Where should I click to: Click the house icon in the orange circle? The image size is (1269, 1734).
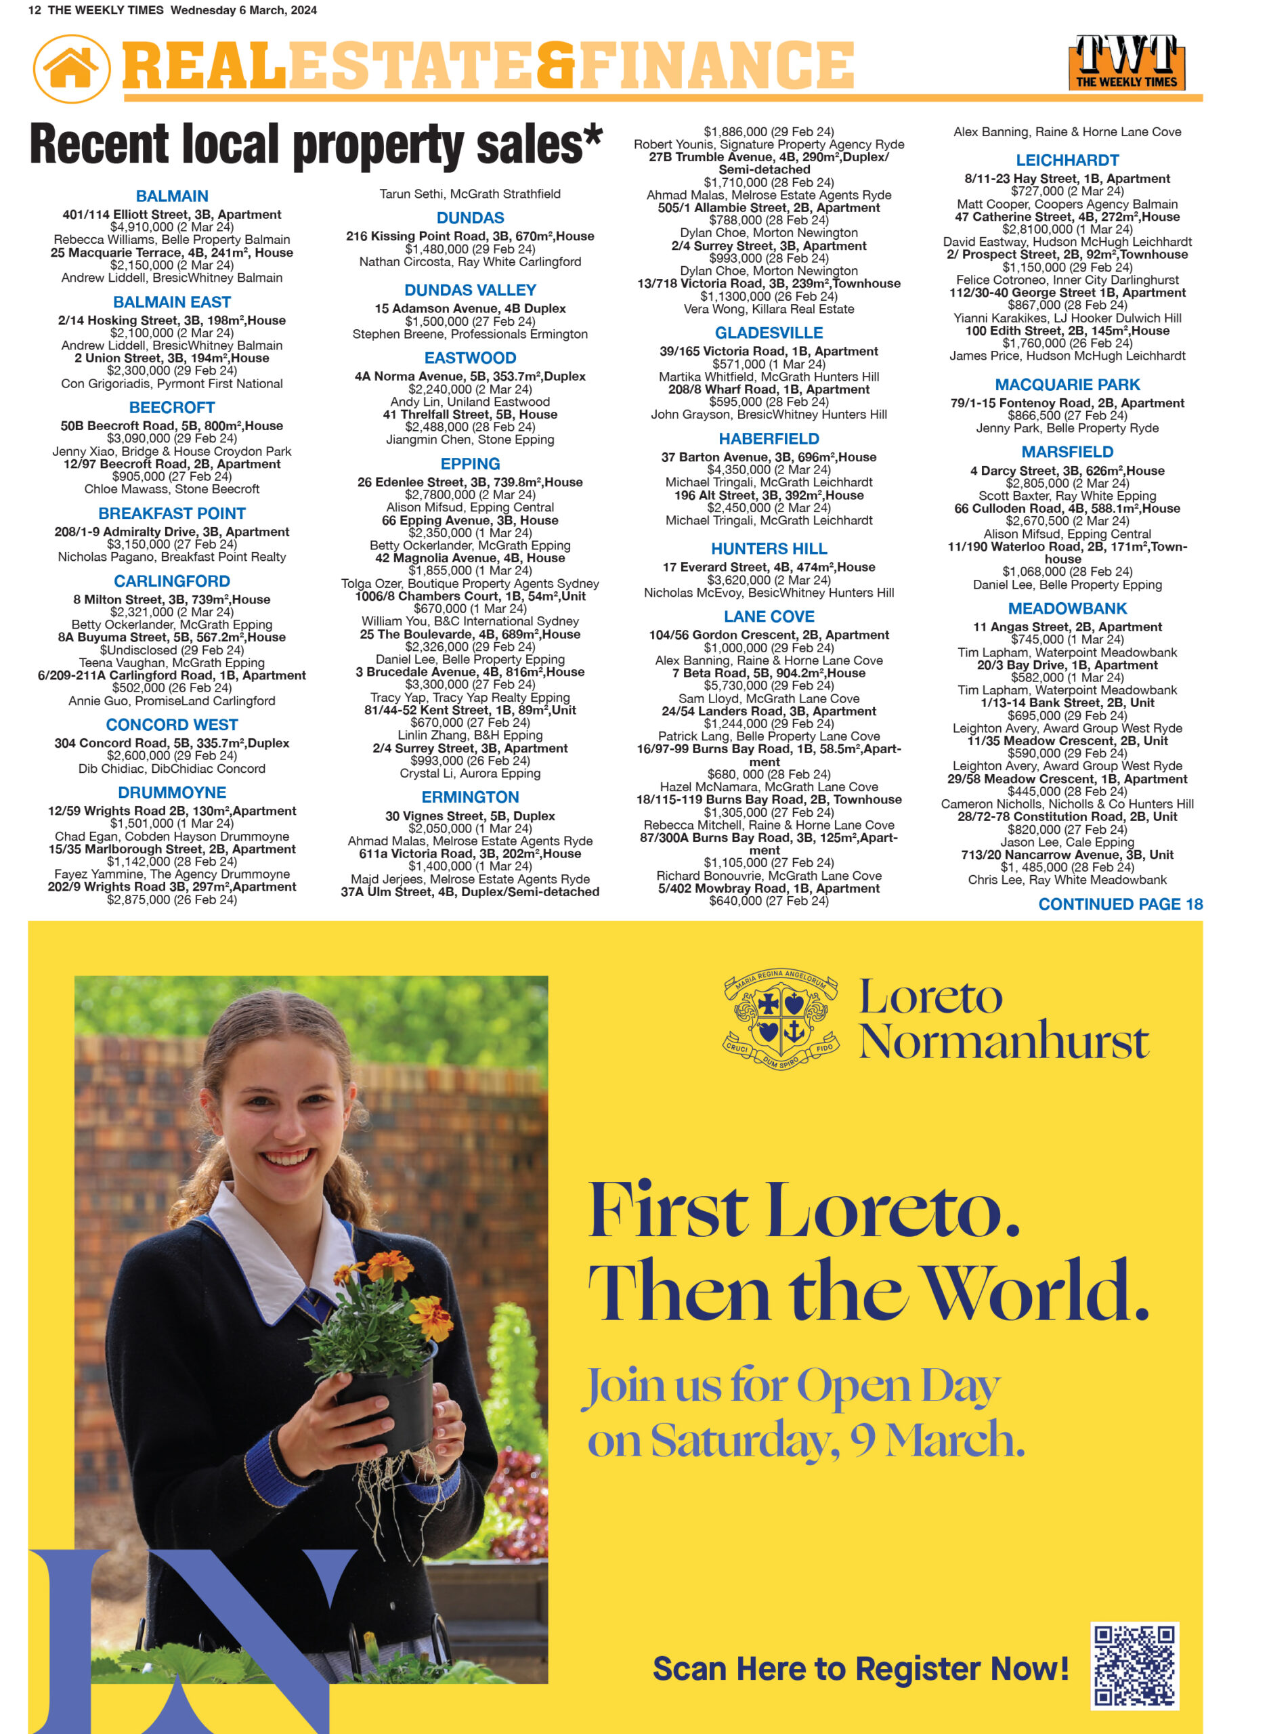[x=70, y=68]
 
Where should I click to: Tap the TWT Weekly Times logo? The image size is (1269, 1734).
[x=1125, y=62]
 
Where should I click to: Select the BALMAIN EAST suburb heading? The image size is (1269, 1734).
[x=171, y=302]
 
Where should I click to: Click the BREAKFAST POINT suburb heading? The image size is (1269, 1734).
[x=171, y=513]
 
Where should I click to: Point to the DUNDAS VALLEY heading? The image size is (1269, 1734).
[x=470, y=290]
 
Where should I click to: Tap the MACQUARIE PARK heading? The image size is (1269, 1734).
[x=1067, y=384]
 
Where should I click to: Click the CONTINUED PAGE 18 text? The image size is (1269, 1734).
[x=1120, y=904]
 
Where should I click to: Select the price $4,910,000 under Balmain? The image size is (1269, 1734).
[x=171, y=227]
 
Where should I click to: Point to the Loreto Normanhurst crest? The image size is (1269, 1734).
[x=781, y=1019]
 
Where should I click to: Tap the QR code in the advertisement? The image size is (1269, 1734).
[x=1134, y=1665]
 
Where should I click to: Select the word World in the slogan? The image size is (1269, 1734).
[x=1033, y=1293]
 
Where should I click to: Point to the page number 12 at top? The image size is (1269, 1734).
[x=34, y=11]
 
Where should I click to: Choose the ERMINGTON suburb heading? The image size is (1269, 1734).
[x=470, y=797]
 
